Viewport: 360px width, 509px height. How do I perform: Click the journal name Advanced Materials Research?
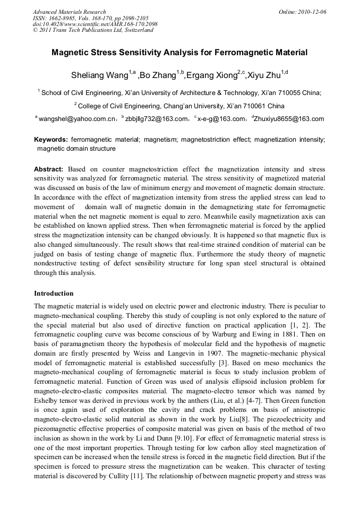pos(69,12)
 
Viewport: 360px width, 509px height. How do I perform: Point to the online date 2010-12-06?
pos(312,12)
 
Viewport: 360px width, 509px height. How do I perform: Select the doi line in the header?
pos(95,24)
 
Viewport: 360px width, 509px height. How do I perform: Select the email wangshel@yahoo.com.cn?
pos(77,119)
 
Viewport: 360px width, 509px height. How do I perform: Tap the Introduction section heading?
pos(54,293)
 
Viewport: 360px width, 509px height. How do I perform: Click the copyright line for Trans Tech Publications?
pos(93,30)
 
